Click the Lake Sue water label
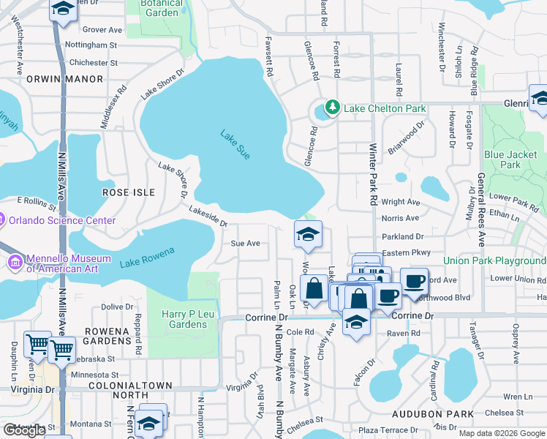click(x=235, y=143)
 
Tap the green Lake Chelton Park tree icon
click(x=333, y=108)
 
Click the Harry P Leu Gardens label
click(x=184, y=319)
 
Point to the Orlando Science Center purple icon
click(x=2, y=220)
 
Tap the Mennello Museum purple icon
click(x=15, y=262)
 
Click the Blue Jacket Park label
click(x=511, y=160)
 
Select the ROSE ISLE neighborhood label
click(x=129, y=192)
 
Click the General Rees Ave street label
click(x=480, y=209)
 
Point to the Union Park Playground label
click(x=494, y=261)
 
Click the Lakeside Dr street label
click(x=208, y=217)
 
